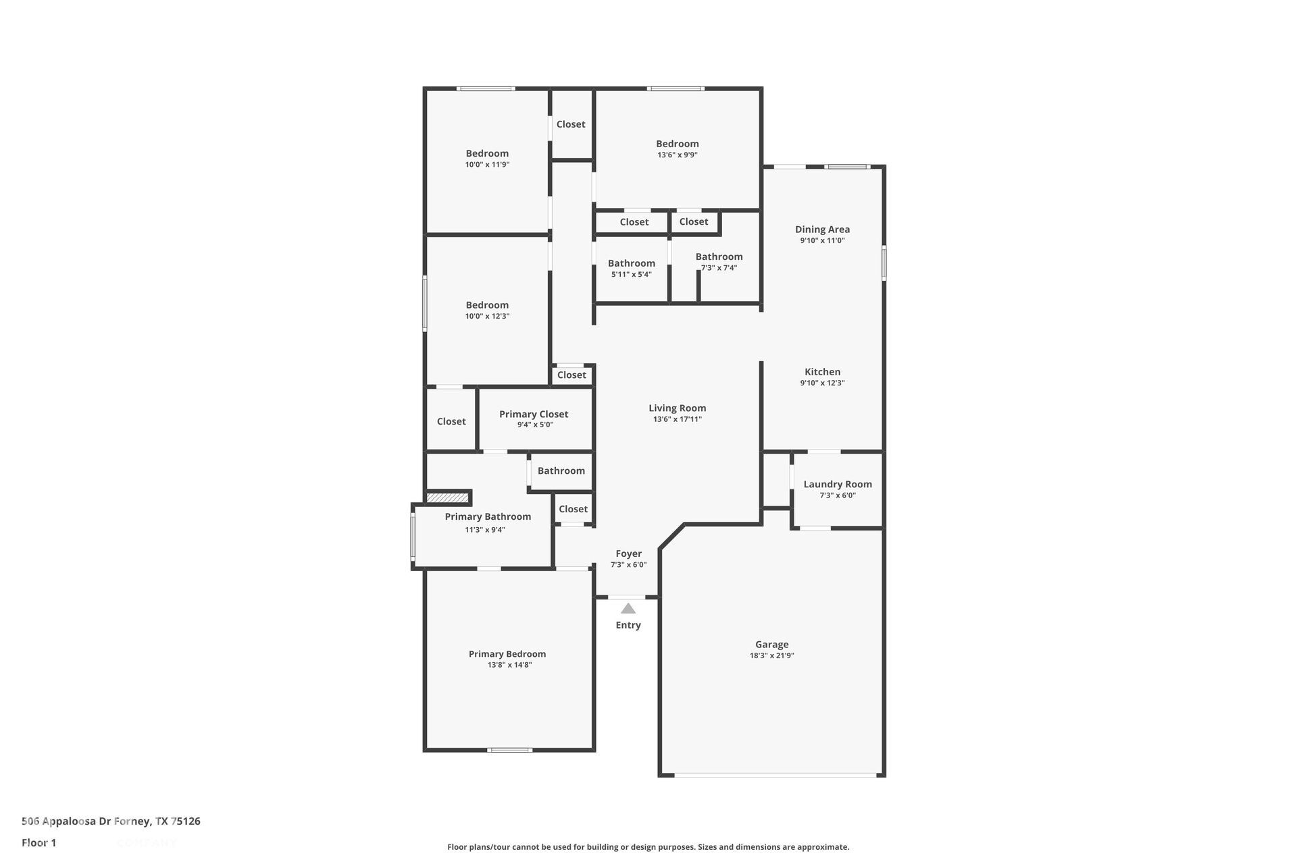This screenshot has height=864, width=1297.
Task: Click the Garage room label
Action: [771, 644]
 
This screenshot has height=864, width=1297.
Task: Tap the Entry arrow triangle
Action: [628, 608]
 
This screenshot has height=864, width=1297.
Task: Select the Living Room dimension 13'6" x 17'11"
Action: [677, 419]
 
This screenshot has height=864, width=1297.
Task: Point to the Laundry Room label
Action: [837, 484]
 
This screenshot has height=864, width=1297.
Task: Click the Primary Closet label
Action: [534, 414]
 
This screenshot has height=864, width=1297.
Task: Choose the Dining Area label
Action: [822, 230]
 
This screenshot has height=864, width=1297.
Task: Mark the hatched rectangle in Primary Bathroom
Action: [448, 497]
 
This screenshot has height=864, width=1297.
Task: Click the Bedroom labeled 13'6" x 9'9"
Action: [677, 144]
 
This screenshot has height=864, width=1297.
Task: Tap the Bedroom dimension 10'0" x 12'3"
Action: [487, 316]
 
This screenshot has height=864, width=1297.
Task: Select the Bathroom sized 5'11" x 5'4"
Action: [631, 263]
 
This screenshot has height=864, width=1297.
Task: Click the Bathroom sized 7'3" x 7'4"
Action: [719, 256]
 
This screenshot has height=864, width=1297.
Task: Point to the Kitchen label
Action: [822, 372]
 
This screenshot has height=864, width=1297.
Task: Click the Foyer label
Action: [628, 553]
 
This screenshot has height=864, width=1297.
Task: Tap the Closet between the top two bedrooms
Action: [571, 124]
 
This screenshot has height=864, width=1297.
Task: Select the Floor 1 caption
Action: [39, 842]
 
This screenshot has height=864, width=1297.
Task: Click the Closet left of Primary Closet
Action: [451, 421]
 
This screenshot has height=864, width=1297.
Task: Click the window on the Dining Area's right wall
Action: [884, 263]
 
